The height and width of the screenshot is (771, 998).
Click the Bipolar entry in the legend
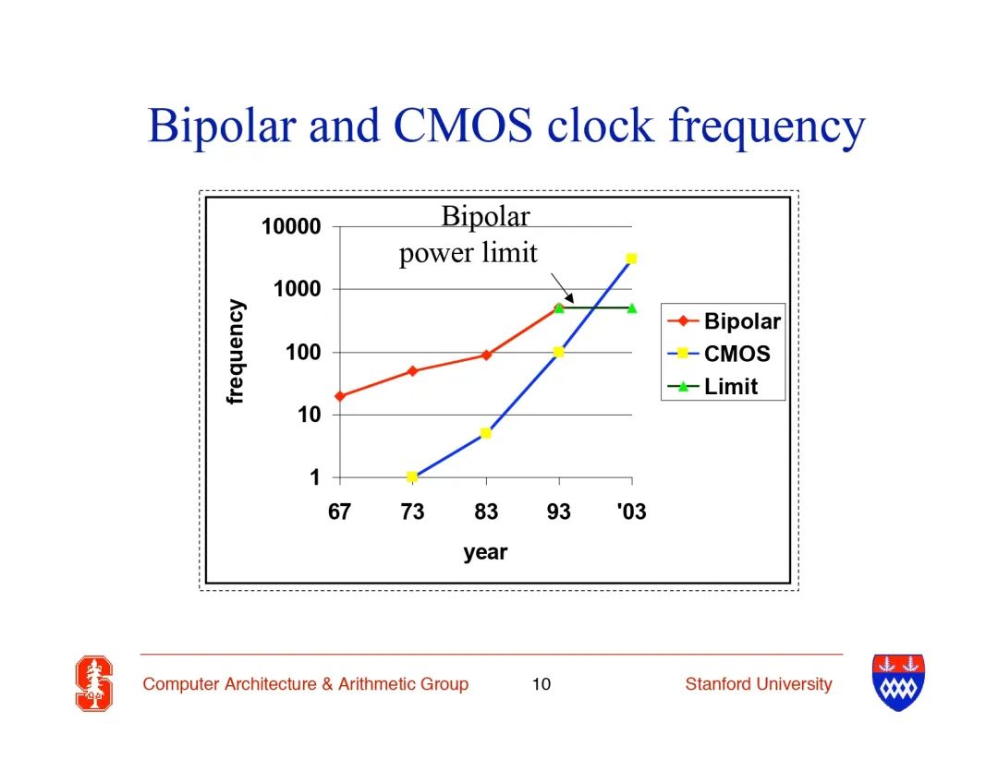[x=724, y=321]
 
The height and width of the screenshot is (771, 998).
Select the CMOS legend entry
[x=719, y=354]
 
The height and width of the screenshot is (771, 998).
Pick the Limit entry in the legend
[x=712, y=386]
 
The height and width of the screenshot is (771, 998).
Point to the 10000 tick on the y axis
[x=291, y=226]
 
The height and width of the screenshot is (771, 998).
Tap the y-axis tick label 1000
[x=297, y=289]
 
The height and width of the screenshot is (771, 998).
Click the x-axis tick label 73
[x=412, y=512]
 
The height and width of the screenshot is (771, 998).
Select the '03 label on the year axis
[x=631, y=512]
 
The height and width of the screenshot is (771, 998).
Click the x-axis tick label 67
[x=339, y=512]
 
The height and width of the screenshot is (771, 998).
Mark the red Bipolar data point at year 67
[x=340, y=396]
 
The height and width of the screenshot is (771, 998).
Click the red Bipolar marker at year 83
[x=486, y=355]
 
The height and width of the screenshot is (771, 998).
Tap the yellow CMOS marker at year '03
[x=631, y=259]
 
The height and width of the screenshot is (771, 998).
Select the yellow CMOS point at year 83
[x=486, y=433]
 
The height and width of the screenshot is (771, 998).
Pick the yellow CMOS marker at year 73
[x=412, y=476]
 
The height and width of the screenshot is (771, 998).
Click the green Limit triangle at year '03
[x=632, y=307]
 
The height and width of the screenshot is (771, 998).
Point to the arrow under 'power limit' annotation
[x=562, y=288]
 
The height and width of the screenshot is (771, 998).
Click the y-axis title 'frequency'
[x=235, y=351]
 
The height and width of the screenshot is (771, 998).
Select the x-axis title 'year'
[x=485, y=551]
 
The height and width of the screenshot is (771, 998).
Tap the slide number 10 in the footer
[x=541, y=684]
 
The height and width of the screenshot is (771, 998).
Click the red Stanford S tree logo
[x=94, y=683]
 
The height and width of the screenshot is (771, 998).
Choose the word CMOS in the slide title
[x=463, y=125]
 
